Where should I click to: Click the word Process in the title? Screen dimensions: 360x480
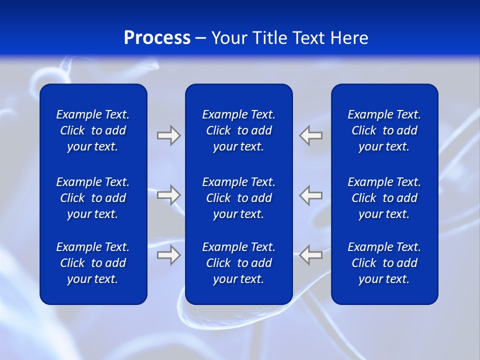pyautogui.click(x=157, y=38)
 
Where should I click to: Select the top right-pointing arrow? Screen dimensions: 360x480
pyautogui.click(x=168, y=135)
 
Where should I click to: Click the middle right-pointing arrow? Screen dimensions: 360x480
pyautogui.click(x=168, y=195)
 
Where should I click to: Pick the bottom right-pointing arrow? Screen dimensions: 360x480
pyautogui.click(x=168, y=255)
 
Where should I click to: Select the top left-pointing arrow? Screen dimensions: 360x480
pyautogui.click(x=311, y=135)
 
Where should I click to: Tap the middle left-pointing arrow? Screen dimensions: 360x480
pyautogui.click(x=311, y=195)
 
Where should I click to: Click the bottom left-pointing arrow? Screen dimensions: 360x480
pyautogui.click(x=311, y=255)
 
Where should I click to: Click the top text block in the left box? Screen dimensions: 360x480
pyautogui.click(x=93, y=130)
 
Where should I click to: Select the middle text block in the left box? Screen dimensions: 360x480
pyautogui.click(x=93, y=198)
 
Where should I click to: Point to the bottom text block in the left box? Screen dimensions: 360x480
pyautogui.click(x=93, y=263)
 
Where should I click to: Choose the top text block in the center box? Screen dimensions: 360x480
pyautogui.click(x=239, y=130)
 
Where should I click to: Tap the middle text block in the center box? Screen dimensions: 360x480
pyautogui.click(x=239, y=198)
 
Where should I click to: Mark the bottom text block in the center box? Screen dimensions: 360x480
pyautogui.click(x=239, y=263)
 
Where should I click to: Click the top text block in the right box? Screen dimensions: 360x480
pyautogui.click(x=384, y=130)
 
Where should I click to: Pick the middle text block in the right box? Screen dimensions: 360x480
pyautogui.click(x=384, y=198)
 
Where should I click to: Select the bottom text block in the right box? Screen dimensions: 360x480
pyautogui.click(x=384, y=263)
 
